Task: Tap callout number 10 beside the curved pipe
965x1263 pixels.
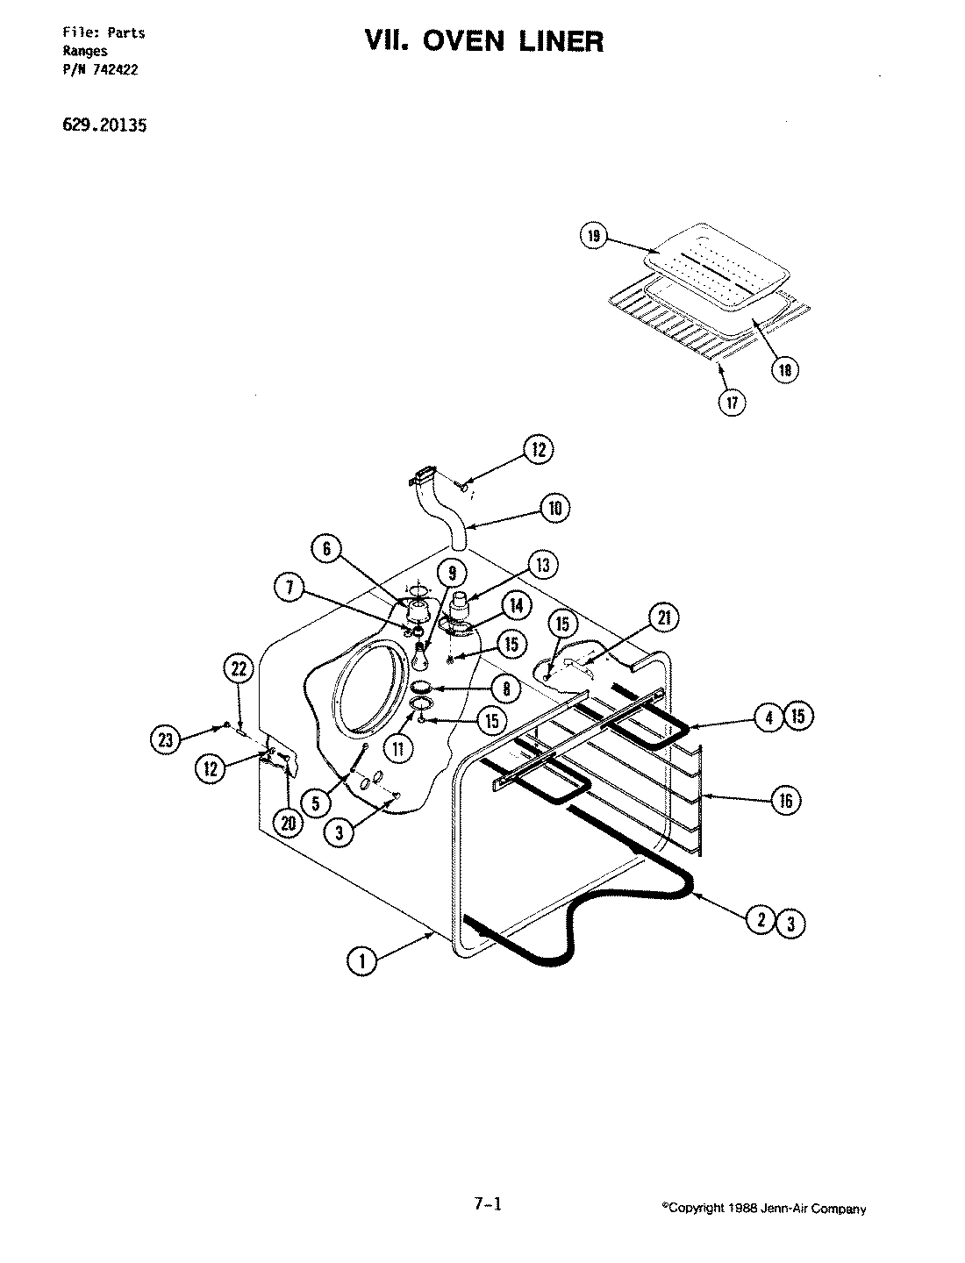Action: (x=554, y=508)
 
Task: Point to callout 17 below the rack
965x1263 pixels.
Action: (x=732, y=403)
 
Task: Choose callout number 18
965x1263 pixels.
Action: (x=785, y=369)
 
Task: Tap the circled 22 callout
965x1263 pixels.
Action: (x=238, y=667)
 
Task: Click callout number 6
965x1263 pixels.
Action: (x=325, y=549)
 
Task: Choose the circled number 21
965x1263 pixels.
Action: (x=662, y=618)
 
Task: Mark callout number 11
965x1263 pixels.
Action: (x=402, y=748)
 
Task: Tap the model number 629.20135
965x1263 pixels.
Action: (x=104, y=125)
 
